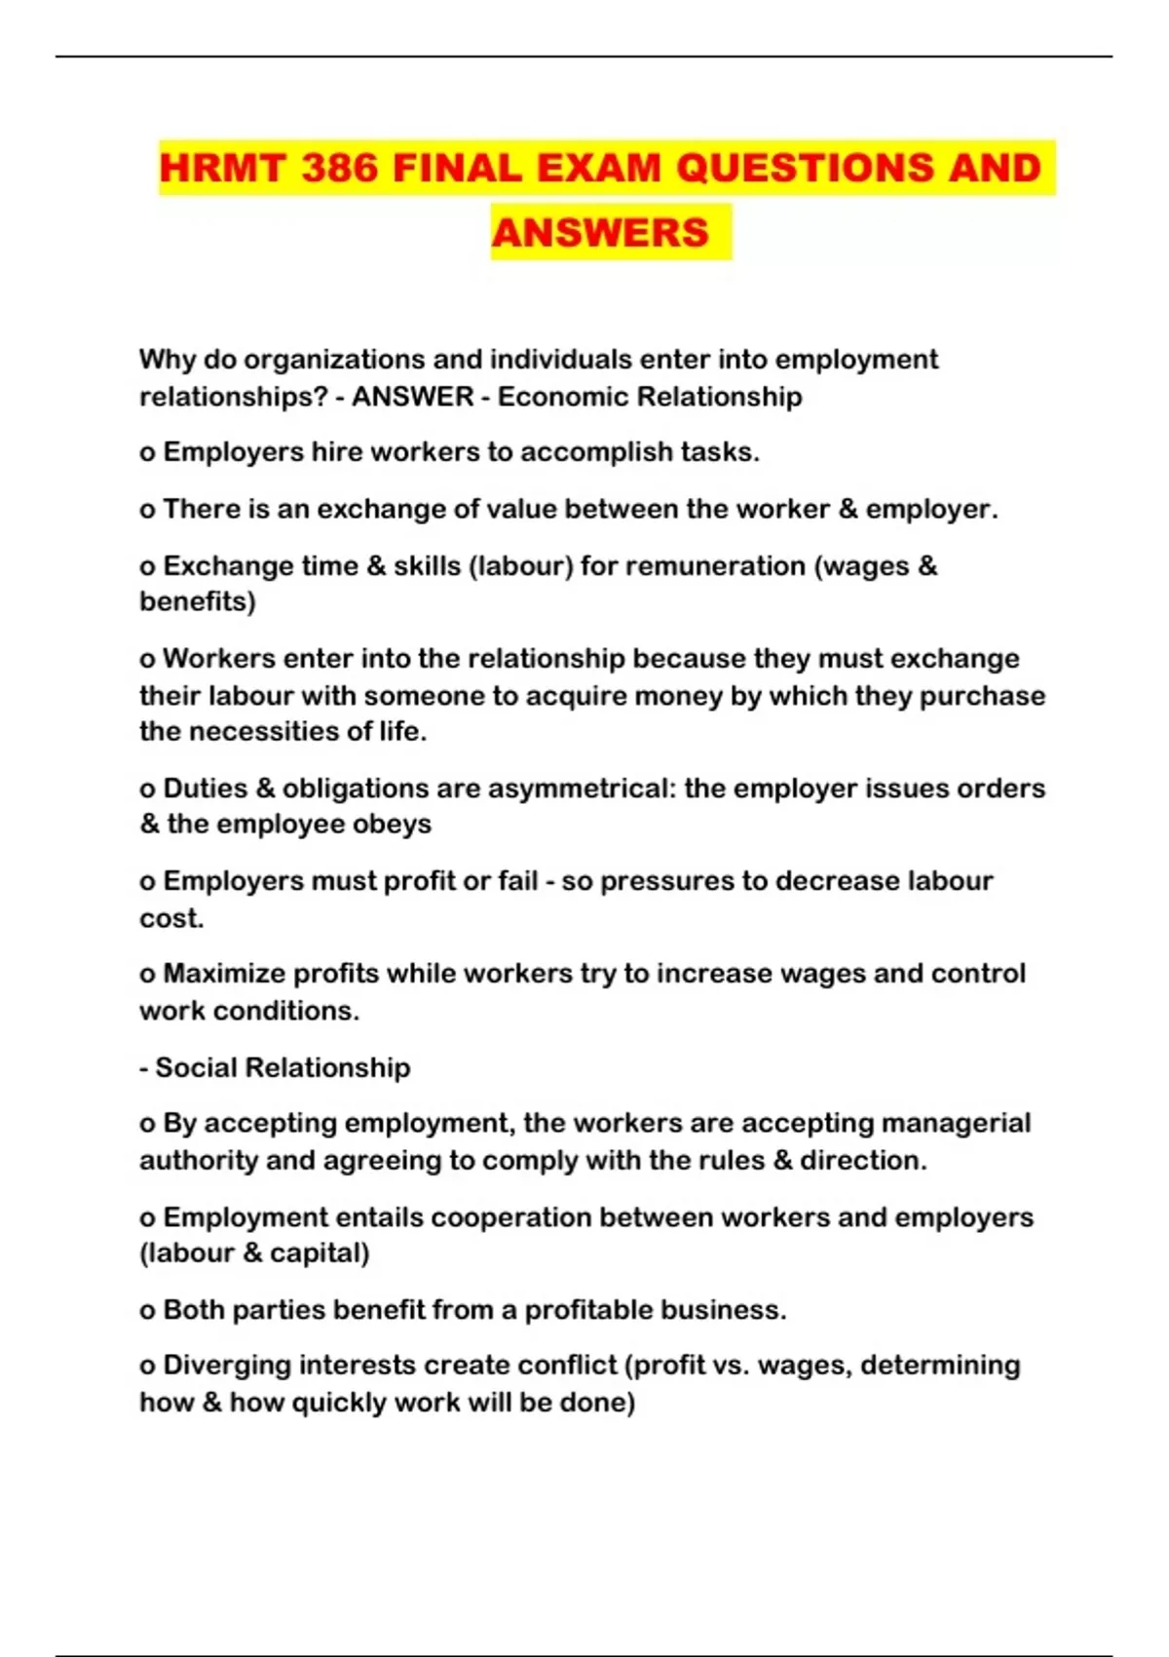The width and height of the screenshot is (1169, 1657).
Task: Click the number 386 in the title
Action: [x=339, y=168]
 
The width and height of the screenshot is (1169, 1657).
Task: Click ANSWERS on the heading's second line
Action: [x=600, y=233]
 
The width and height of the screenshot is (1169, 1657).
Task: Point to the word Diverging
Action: [x=227, y=1365]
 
